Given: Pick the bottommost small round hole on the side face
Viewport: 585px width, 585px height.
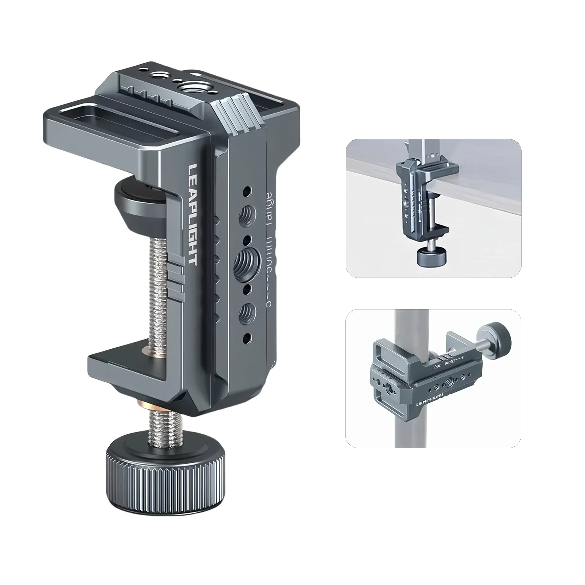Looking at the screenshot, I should [x=247, y=337].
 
